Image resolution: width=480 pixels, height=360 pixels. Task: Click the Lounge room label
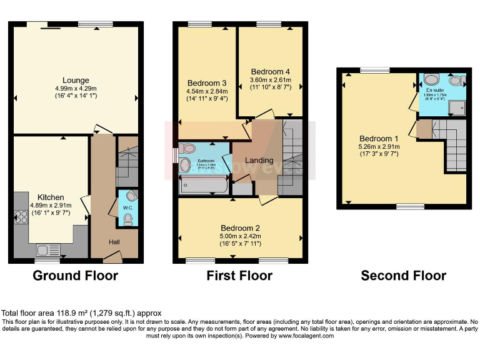tap(76, 80)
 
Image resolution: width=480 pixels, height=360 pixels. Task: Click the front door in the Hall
tap(113, 255)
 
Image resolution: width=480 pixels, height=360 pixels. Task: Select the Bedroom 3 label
tap(206, 82)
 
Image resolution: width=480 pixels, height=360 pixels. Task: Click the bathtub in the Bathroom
tap(204, 185)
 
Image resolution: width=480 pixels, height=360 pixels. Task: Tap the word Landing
tap(259, 161)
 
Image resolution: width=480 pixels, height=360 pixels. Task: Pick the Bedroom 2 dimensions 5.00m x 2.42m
tap(239, 236)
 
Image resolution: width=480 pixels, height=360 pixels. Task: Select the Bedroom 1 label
tap(378, 138)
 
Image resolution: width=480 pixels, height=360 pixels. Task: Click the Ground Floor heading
tap(75, 276)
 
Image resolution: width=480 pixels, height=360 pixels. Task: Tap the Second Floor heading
tap(403, 276)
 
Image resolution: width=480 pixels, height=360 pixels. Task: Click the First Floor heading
tap(239, 276)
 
